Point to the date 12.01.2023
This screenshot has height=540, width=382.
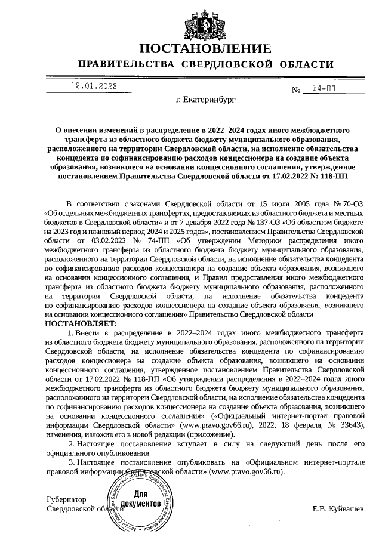coord(93,86)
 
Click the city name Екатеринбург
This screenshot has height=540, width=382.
coord(206,100)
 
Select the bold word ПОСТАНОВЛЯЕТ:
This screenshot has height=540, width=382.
coord(82,323)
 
